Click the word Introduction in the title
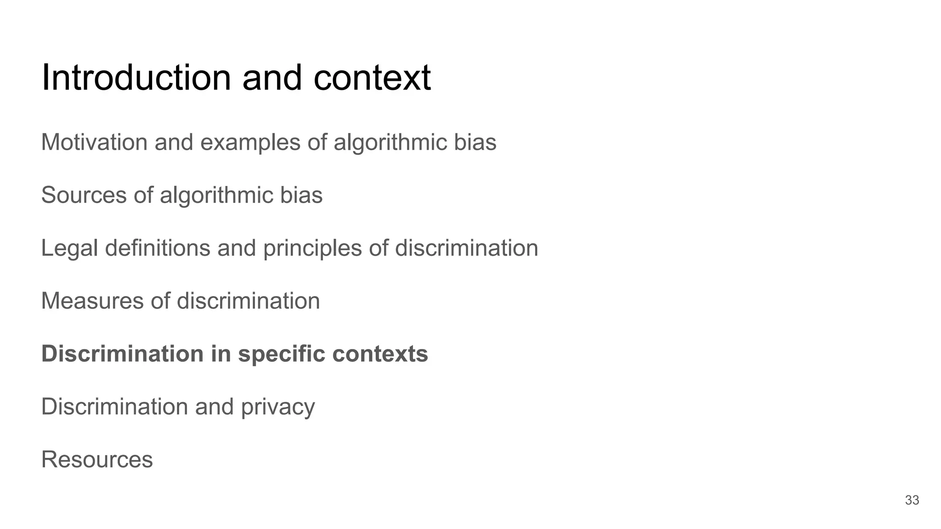pos(136,78)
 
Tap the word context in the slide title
pos(372,78)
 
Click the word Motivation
pos(94,142)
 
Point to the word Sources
pos(84,195)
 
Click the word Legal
pos(69,248)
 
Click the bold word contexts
pos(380,354)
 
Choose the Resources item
pos(97,459)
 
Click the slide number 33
pos(912,500)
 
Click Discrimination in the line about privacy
pos(115,406)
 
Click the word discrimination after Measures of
pos(248,301)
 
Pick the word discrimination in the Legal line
pos(466,248)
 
